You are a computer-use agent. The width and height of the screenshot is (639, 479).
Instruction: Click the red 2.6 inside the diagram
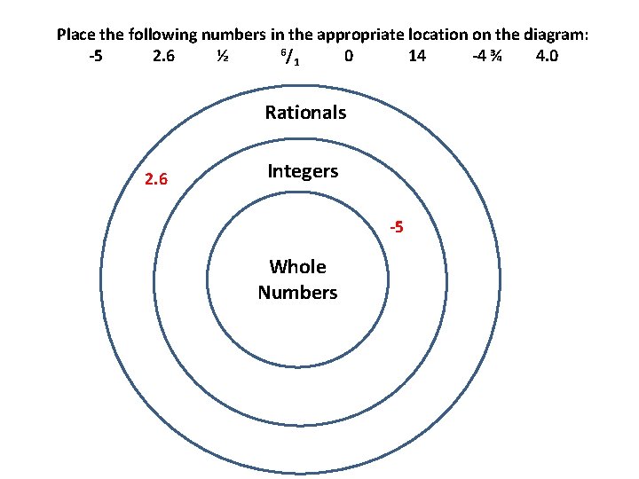(156, 180)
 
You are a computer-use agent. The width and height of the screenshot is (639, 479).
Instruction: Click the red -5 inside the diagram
(396, 228)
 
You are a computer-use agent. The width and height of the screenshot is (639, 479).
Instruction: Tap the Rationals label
(305, 113)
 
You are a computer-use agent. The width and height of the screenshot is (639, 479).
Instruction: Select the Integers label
(303, 171)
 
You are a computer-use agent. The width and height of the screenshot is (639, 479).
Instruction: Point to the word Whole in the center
(297, 267)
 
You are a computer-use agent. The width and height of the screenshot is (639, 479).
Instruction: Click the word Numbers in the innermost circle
(297, 292)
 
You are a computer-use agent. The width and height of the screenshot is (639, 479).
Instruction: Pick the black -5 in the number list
(96, 58)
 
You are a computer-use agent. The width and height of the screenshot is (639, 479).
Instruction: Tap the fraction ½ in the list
(223, 58)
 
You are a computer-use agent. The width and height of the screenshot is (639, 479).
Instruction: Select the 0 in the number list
(350, 58)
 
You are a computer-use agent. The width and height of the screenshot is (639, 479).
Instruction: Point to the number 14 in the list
(416, 58)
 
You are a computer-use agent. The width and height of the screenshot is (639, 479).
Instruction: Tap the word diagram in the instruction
(554, 35)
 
